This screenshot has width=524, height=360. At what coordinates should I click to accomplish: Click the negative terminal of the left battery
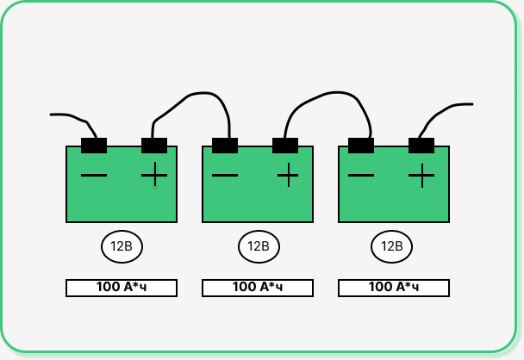point(94,145)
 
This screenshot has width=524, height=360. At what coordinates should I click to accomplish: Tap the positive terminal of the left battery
point(154,145)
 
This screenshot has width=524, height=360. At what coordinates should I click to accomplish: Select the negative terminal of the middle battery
point(225,145)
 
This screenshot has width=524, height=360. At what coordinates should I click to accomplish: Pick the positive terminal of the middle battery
point(285,145)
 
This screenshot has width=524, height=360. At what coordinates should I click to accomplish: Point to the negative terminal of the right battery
point(361,145)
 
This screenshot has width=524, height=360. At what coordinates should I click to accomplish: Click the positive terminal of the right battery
point(421,145)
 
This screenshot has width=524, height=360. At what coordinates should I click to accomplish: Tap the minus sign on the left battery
point(94,177)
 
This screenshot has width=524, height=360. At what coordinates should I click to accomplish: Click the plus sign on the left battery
point(154,176)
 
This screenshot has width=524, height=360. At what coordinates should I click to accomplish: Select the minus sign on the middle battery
point(225,177)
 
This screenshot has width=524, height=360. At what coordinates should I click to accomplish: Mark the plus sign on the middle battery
point(288,177)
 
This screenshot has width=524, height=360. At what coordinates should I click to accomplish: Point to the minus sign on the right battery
point(361,177)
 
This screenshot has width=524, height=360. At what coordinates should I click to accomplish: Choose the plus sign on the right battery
point(421,177)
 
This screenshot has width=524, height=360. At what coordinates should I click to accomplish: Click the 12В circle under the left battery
point(122,246)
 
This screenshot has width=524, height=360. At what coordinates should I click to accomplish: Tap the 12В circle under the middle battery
point(259,246)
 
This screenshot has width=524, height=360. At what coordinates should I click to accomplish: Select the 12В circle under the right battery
point(392,246)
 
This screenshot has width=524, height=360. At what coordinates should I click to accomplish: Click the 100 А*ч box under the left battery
point(122,288)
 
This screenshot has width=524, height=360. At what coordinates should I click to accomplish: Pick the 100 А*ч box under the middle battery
point(258,288)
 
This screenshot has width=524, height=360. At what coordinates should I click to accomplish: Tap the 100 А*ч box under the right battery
point(393,288)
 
